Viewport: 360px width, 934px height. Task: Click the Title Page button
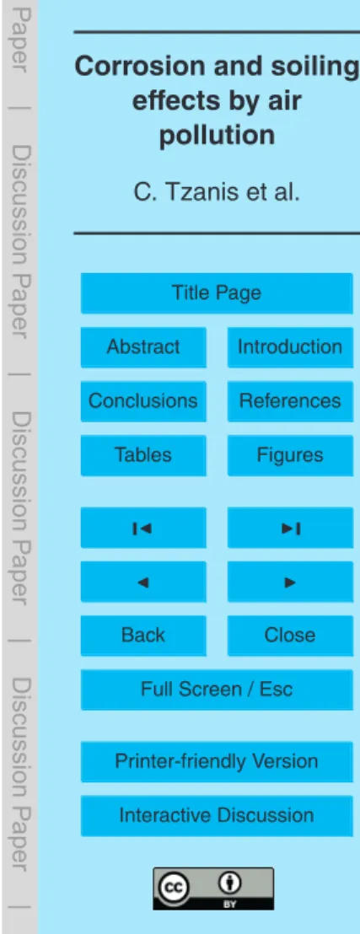pos(217,293)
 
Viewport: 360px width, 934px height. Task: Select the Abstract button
pos(143,346)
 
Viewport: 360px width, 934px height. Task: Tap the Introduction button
pos(290,346)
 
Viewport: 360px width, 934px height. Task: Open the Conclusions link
pos(143,401)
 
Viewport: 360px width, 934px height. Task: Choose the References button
pos(290,401)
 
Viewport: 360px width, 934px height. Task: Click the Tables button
pos(143,455)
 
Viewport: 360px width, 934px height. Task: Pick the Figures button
pos(290,455)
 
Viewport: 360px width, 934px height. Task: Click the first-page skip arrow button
pos(143,527)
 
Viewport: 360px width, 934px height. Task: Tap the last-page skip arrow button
pos(290,527)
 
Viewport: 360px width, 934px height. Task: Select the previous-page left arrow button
pos(143,582)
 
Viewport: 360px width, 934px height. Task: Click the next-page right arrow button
pos(290,582)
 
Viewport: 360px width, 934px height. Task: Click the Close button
pos(290,636)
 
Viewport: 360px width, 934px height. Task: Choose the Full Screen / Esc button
pos(217,690)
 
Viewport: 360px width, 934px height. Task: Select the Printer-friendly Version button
pos(217,762)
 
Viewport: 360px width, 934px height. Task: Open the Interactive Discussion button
pos(217,816)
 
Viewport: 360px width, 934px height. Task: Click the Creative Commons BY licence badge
pos(213,888)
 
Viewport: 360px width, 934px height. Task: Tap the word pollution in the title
pos(217,137)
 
